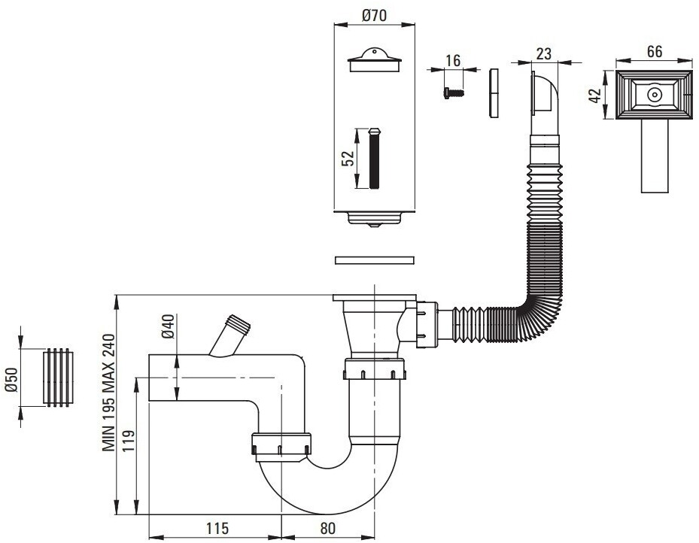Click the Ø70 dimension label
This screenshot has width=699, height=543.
click(374, 16)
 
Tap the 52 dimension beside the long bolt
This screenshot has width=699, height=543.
click(348, 158)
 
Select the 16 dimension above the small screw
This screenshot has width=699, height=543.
click(453, 60)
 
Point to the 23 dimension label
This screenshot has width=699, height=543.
click(544, 53)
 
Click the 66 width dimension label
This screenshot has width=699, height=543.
click(655, 51)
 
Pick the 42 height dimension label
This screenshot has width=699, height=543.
click(595, 95)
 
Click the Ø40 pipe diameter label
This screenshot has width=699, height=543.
click(168, 326)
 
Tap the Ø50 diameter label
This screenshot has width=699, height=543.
click(11, 380)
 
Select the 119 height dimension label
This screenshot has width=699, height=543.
click(127, 441)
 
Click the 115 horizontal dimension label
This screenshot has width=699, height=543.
click(217, 528)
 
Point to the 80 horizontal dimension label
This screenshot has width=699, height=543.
click(327, 528)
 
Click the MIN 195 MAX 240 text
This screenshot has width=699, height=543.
click(109, 393)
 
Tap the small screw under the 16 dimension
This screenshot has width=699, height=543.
click(454, 93)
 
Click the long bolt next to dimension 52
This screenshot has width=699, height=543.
click(374, 158)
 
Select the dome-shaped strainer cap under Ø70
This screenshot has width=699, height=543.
click(375, 59)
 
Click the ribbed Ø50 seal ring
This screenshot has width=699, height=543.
click(57, 378)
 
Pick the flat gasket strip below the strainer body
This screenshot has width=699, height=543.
click(375, 260)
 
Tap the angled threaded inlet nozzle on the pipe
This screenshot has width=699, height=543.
click(230, 335)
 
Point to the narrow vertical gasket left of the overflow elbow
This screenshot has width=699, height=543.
click(494, 93)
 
